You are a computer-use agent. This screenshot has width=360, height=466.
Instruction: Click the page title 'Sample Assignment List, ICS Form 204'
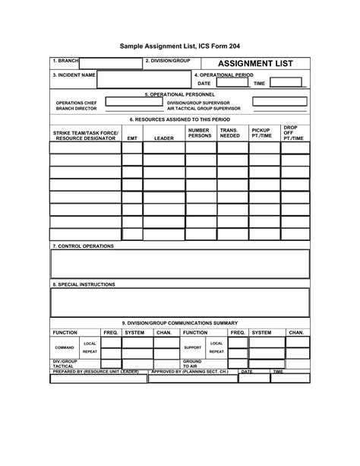click(x=179, y=46)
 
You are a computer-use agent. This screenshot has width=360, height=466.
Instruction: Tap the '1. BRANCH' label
click(x=65, y=59)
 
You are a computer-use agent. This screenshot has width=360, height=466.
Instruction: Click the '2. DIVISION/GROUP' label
click(x=167, y=59)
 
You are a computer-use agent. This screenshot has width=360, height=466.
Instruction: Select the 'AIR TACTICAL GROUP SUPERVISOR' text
click(x=204, y=109)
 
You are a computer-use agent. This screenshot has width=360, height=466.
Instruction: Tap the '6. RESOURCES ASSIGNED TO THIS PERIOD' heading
click(x=179, y=120)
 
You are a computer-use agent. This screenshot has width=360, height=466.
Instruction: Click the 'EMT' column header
click(x=132, y=139)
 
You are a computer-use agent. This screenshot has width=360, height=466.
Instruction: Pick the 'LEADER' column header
click(x=163, y=139)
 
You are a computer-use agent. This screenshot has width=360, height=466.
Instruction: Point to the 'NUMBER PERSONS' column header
click(x=200, y=133)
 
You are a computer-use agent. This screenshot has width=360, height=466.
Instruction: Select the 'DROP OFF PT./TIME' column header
click(x=293, y=133)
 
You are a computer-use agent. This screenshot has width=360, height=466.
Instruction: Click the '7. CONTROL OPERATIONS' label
click(x=83, y=246)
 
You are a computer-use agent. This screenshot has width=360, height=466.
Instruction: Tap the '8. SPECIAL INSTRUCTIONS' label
click(x=84, y=284)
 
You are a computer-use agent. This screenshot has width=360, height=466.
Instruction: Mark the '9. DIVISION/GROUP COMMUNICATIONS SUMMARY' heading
click(x=180, y=323)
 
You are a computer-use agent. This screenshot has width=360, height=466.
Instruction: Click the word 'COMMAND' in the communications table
click(x=65, y=348)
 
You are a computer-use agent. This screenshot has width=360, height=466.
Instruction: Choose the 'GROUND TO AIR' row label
click(x=192, y=363)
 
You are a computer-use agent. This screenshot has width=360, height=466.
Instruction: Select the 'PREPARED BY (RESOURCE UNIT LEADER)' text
click(x=96, y=372)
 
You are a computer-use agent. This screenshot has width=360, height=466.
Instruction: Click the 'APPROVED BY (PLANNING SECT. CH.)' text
click(x=189, y=372)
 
